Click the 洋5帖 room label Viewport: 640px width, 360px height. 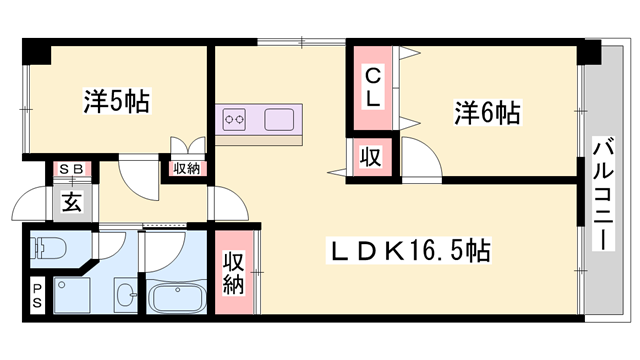click(117, 100)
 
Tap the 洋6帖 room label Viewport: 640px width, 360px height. click(488, 113)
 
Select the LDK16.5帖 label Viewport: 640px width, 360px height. click(409, 250)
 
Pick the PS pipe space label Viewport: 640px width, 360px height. click(37, 296)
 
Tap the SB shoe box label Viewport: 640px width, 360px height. click(72, 169)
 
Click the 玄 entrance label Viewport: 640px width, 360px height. click(72, 202)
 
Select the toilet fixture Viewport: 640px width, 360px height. click(48, 247)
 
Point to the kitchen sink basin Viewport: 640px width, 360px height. click(279, 119)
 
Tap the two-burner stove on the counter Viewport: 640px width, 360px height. click(234, 119)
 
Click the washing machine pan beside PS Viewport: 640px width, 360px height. click(72, 296)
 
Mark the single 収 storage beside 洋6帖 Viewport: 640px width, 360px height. click(370, 157)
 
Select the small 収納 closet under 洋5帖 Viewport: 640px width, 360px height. click(187, 168)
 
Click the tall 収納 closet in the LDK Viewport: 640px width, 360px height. click(234, 273)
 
